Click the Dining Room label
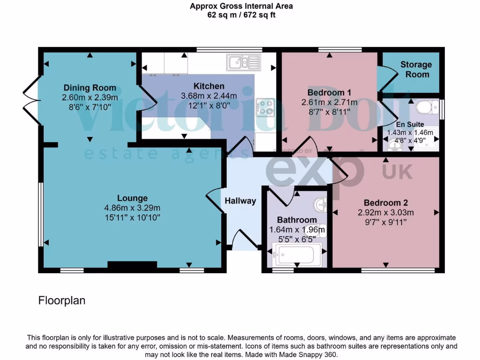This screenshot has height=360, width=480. (90, 88)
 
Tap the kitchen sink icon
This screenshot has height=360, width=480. (243, 61)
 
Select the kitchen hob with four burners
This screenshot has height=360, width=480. (265, 107)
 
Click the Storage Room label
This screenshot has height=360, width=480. (416, 69)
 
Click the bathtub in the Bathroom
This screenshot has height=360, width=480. (297, 255)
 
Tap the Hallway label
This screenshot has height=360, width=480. (240, 201)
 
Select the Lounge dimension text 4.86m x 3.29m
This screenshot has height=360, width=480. (133, 208)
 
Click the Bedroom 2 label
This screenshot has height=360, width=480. (386, 203)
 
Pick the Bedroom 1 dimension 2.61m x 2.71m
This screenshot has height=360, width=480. (329, 102)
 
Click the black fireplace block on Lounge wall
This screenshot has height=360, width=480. (132, 266)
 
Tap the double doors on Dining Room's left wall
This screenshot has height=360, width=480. (29, 98)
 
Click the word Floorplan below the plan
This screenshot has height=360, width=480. (62, 300)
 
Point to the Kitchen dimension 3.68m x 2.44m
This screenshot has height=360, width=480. (209, 96)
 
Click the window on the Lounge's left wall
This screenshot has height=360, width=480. (40, 214)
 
